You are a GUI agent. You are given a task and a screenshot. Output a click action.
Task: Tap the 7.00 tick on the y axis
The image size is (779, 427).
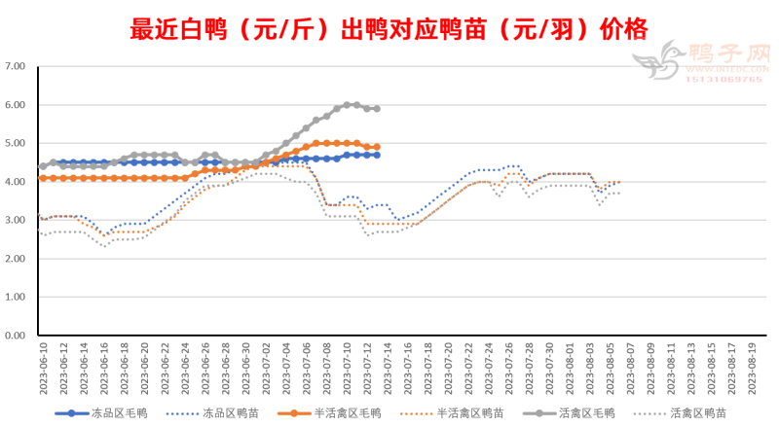(15, 67)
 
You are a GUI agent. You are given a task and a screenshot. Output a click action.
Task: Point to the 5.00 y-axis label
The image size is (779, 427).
(15, 144)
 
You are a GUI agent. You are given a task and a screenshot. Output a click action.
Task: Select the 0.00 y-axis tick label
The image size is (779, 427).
(15, 336)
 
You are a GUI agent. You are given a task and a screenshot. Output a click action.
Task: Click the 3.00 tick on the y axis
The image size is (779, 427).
(15, 221)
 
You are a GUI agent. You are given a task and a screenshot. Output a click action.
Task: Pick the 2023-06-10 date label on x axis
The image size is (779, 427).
(43, 368)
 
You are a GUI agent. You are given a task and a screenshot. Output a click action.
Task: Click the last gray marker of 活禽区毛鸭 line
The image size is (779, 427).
(377, 109)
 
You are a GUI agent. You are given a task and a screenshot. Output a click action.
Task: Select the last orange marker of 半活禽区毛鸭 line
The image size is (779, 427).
(377, 147)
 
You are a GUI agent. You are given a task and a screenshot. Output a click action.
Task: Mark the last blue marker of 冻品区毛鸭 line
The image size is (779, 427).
(377, 155)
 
